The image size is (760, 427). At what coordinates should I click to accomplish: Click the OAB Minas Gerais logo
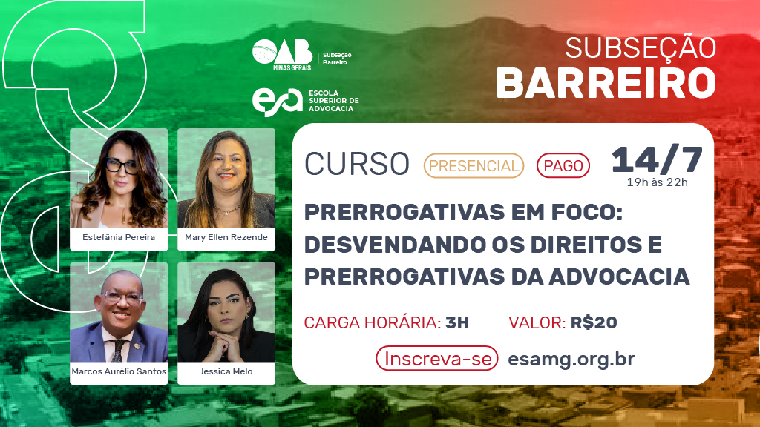click(283, 55)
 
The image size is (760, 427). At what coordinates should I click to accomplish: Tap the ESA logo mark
click(278, 101)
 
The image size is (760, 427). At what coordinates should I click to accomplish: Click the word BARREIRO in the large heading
click(606, 83)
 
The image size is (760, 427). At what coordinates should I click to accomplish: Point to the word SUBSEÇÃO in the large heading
click(641, 48)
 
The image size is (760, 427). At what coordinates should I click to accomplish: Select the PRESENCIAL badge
click(474, 165)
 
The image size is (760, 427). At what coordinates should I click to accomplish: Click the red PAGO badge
click(563, 165)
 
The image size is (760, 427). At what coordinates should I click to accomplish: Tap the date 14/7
click(657, 159)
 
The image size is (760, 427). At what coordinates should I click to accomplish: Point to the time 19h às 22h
click(658, 182)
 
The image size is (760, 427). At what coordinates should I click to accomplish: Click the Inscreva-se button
click(437, 359)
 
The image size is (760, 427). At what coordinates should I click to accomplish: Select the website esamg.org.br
click(571, 360)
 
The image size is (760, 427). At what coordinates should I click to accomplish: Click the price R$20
click(594, 322)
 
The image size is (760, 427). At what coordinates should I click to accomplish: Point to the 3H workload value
click(457, 322)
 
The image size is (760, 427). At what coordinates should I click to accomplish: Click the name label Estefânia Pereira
click(119, 237)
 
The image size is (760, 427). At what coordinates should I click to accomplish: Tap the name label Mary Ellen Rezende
click(226, 237)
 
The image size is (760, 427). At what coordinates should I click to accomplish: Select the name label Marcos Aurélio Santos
click(119, 371)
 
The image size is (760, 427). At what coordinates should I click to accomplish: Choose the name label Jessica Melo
click(226, 371)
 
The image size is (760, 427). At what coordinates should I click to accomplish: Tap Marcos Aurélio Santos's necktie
click(118, 351)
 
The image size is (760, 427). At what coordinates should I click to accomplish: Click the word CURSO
click(357, 164)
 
